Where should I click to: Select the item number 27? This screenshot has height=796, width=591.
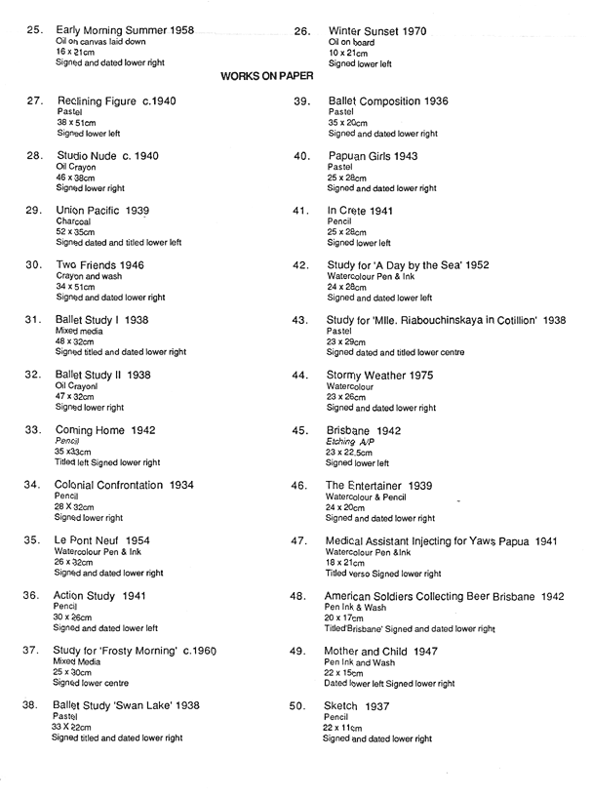pos(33,100)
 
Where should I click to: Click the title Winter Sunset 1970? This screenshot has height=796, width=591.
pos(377,31)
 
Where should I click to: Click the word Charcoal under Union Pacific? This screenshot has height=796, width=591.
pos(74,221)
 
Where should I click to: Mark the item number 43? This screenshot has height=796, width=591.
pos(299,320)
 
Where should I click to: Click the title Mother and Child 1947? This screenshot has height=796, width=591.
pos(383,651)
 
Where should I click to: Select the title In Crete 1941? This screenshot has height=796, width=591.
pos(361,211)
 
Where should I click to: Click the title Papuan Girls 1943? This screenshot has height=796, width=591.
pos(374,156)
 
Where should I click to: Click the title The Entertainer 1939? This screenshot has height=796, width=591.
pos(384,485)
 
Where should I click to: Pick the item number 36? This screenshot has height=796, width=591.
pos(33,595)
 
